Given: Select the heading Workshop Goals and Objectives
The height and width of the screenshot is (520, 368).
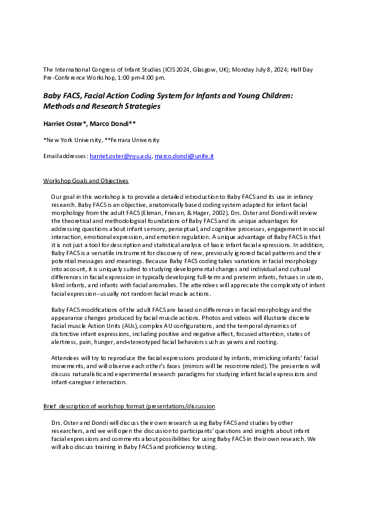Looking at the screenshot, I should pyautogui.click(x=86, y=181).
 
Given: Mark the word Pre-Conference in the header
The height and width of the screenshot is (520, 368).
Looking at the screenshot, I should pyautogui.click(x=66, y=78).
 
